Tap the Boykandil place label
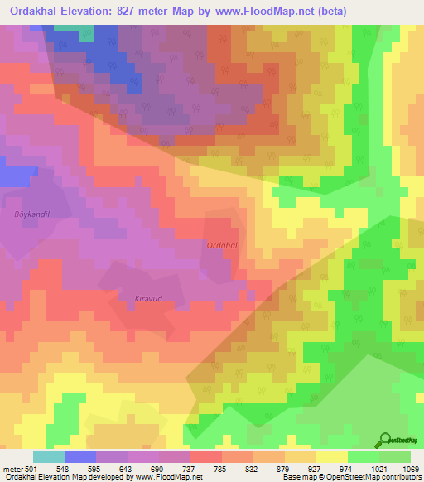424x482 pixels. pos(32,214)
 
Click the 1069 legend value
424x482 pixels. pos(412,469)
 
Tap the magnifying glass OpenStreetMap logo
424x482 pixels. pos(385,441)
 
